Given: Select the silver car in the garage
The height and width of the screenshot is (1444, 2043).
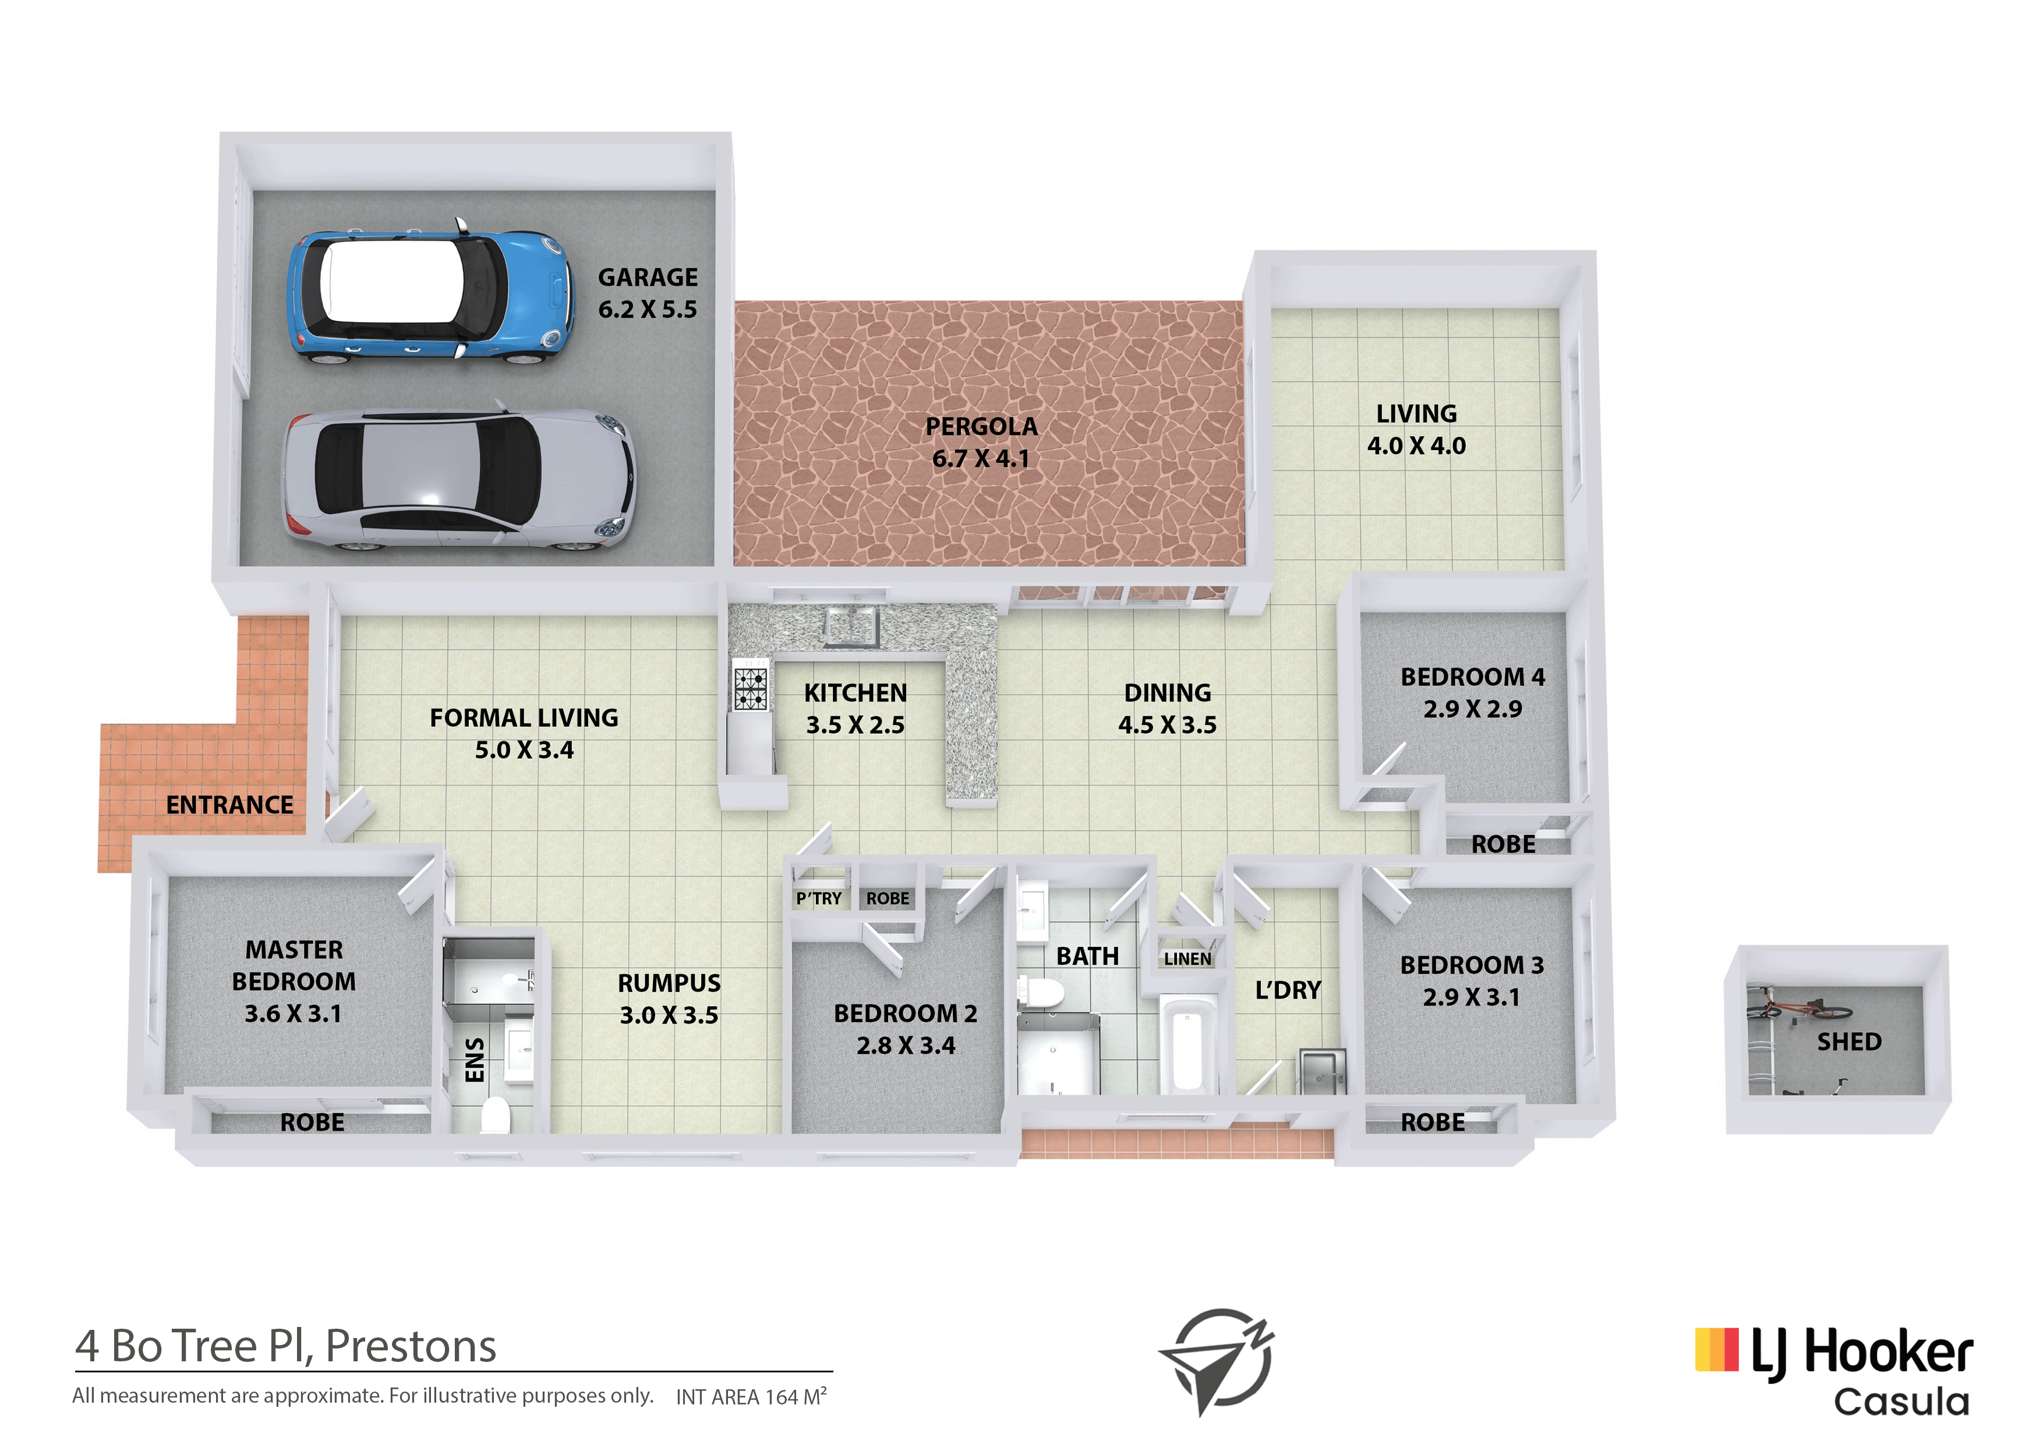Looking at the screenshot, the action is point(458,480).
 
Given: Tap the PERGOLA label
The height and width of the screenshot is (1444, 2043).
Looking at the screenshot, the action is point(981,427).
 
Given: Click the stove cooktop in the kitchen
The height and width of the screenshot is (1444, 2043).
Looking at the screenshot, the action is point(750,689).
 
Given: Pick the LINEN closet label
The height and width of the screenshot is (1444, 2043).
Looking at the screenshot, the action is point(1188,959).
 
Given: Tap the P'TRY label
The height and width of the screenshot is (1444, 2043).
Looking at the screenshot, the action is point(819,898).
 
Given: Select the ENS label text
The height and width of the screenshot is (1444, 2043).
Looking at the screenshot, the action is point(475,1060).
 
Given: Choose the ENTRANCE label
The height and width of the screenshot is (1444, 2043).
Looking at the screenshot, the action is point(229,805).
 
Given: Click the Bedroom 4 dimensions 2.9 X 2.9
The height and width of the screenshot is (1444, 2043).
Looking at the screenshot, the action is point(1473,709).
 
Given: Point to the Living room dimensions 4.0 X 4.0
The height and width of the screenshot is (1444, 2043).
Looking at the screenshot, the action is point(1416,446).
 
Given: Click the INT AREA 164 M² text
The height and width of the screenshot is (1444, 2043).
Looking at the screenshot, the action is point(751,1396).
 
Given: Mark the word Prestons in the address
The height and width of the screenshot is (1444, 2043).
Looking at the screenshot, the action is point(411,1347).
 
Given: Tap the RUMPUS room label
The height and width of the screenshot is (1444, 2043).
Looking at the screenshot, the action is point(669,983).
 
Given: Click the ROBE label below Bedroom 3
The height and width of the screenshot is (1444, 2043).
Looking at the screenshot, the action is point(1433,1123).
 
